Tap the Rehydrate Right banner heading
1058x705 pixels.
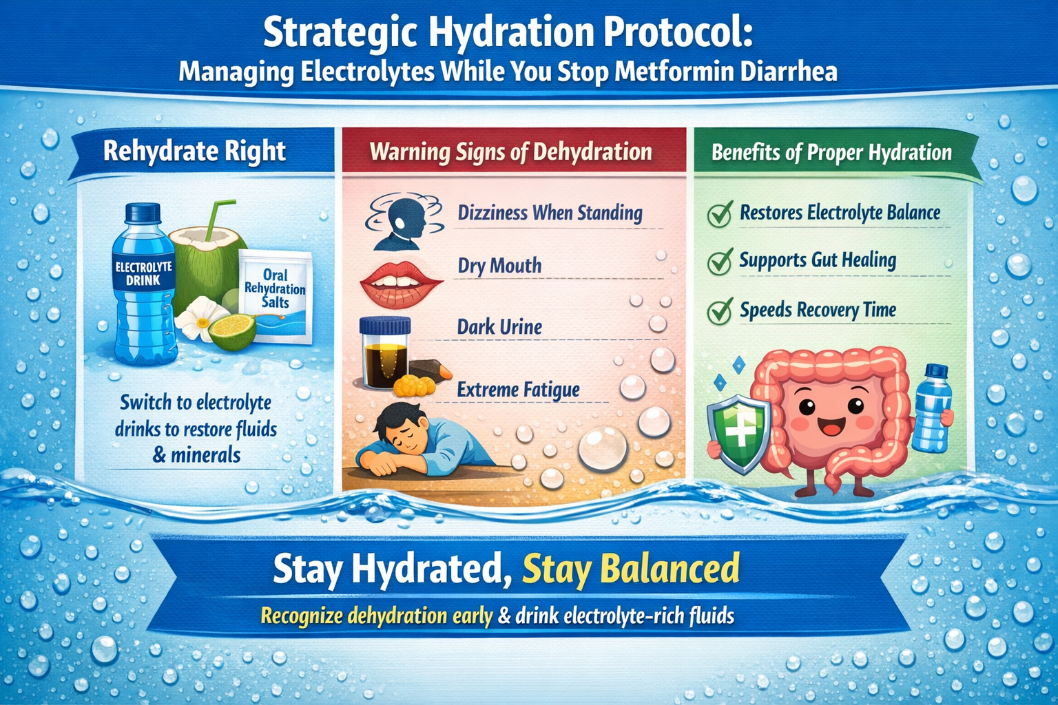[194, 151]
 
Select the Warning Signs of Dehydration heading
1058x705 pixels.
[510, 151]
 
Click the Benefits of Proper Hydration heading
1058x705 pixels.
[831, 152]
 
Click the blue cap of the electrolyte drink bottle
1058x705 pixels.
[143, 212]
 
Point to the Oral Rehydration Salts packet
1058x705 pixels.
[276, 295]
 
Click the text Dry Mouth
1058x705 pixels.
[499, 266]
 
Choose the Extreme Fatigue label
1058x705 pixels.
[518, 390]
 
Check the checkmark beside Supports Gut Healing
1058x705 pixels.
[720, 262]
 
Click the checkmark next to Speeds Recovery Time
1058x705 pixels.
[720, 311]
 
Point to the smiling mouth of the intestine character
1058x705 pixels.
[830, 427]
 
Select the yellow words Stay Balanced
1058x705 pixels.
[630, 569]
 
